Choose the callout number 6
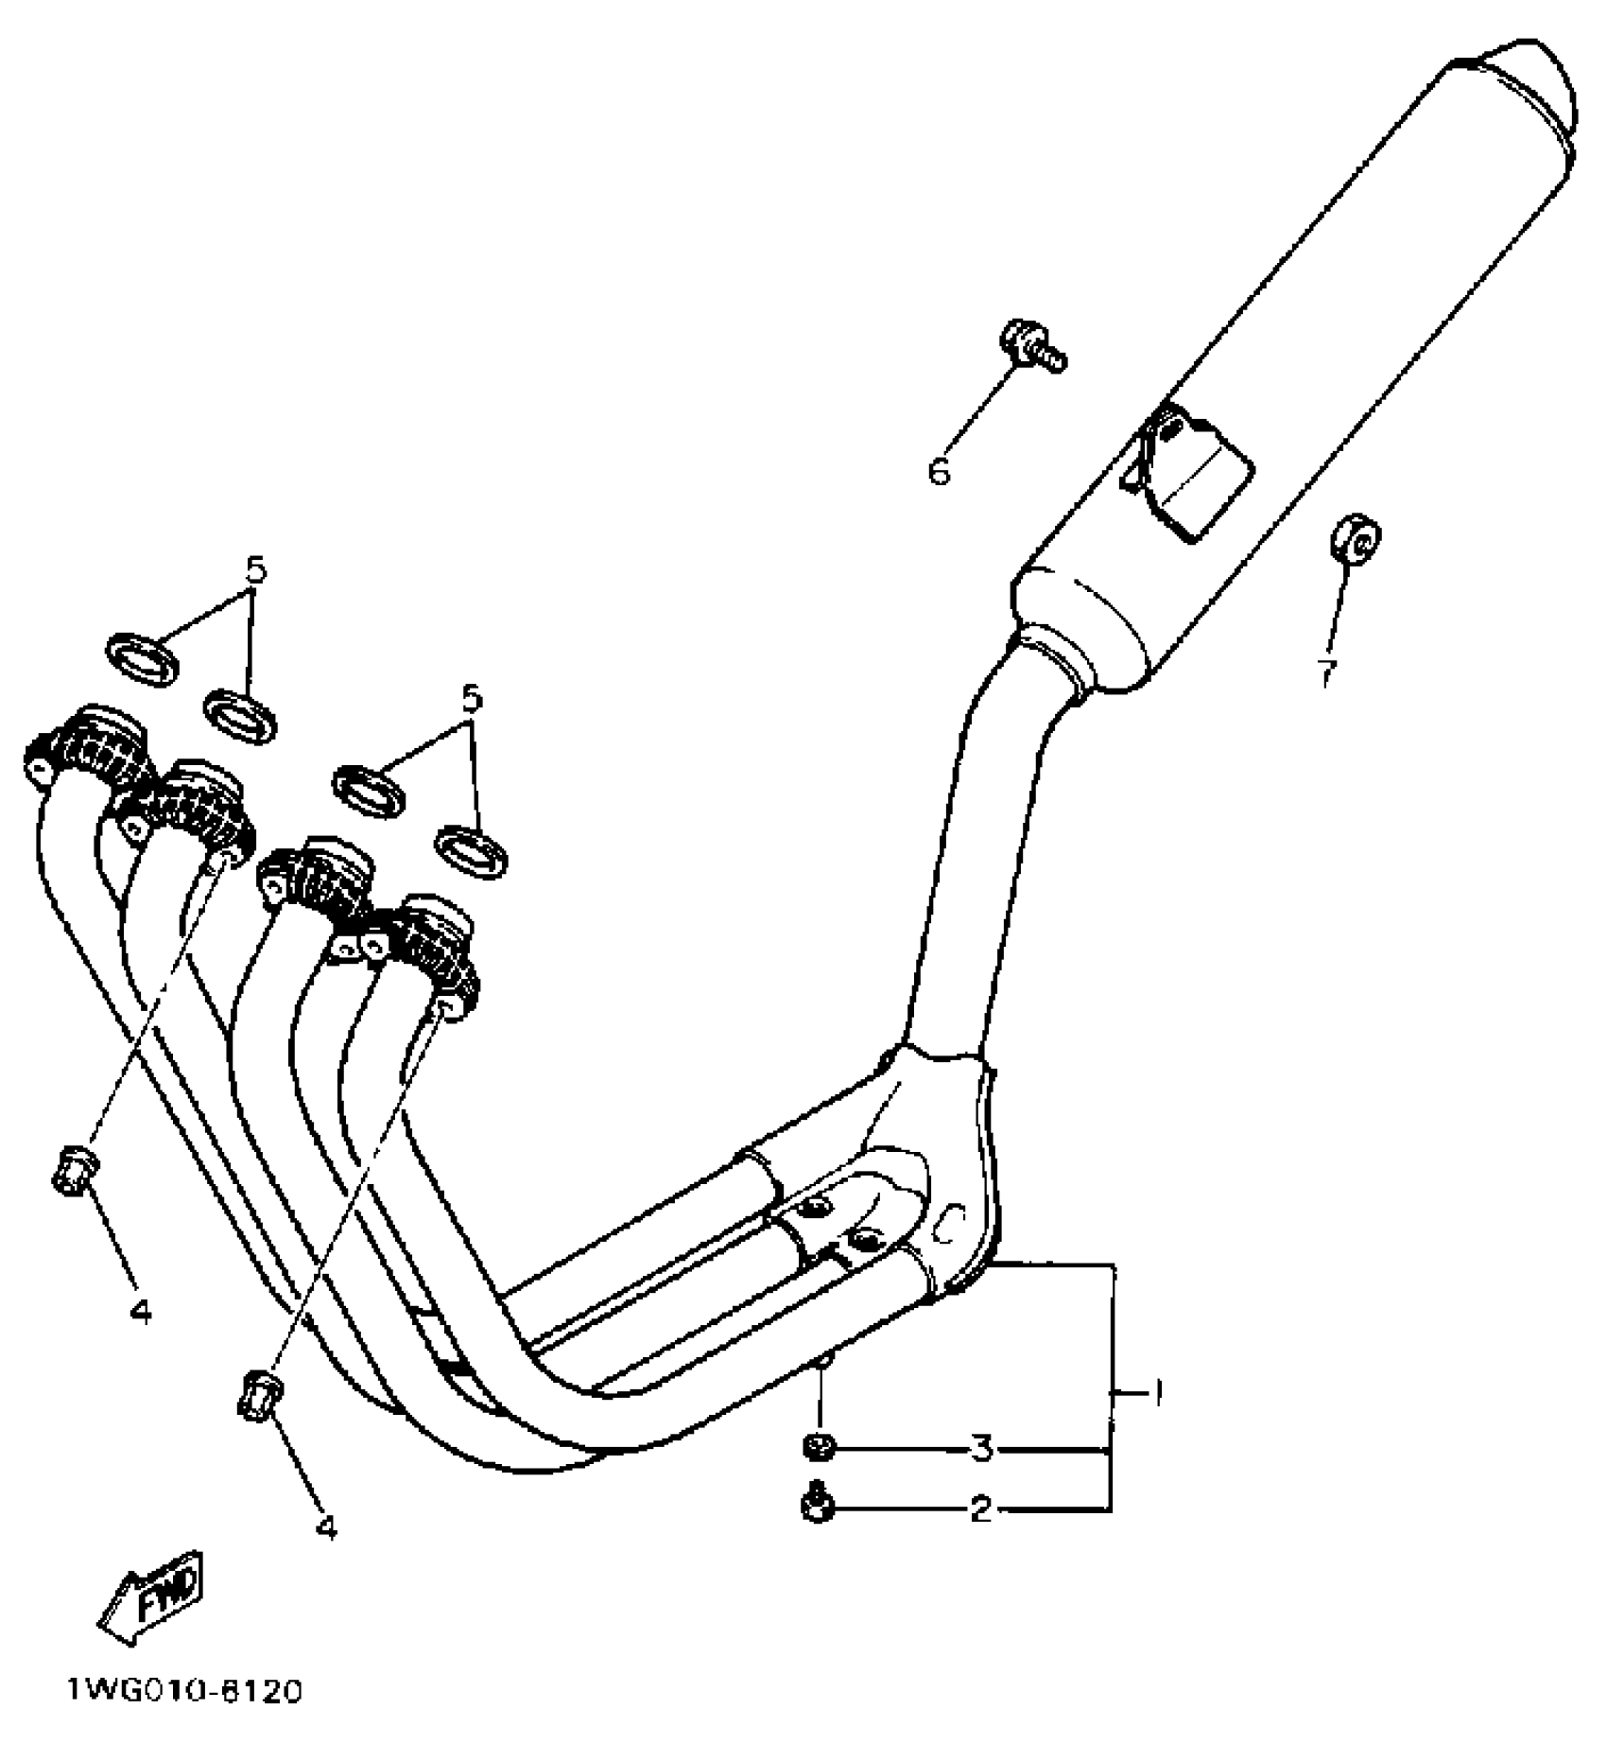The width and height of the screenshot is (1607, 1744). [939, 470]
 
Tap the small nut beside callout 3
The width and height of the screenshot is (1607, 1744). [818, 1448]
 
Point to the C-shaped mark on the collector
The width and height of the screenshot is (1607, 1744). [948, 1227]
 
